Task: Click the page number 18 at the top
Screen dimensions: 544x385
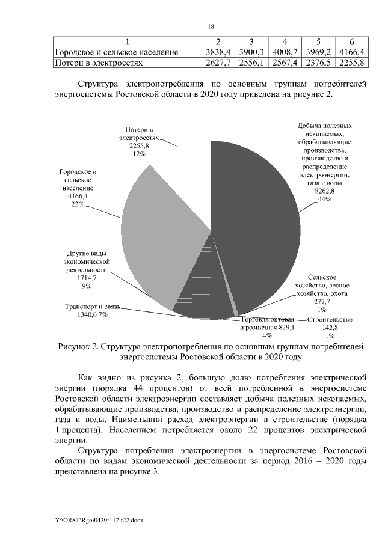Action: tap(211, 26)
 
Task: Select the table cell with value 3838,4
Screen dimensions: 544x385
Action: tap(214, 52)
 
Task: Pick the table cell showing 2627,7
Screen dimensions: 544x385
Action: tap(214, 62)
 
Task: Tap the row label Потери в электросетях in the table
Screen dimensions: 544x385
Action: tap(100, 62)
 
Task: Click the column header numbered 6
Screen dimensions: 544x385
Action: tap(351, 42)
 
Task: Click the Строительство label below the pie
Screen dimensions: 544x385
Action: tap(329, 320)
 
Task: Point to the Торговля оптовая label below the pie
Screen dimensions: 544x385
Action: tap(267, 319)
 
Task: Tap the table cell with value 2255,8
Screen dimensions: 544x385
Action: tap(351, 62)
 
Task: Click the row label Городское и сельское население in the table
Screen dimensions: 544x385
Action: tap(117, 52)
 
